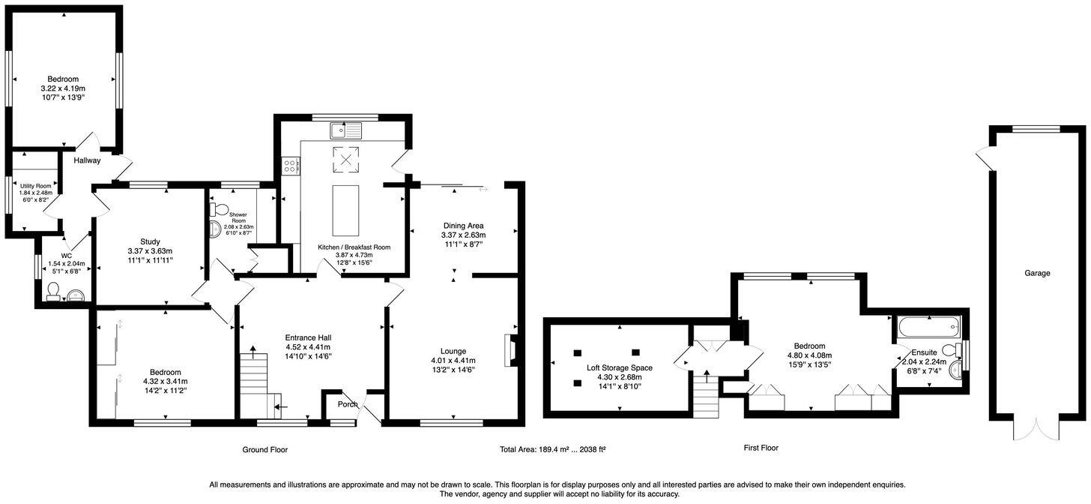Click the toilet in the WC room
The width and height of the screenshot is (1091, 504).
coord(53,292)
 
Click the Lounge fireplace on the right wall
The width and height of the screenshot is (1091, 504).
coord(511,350)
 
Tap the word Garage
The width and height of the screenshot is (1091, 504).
coord(1037,274)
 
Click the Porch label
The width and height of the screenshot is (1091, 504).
coord(348,405)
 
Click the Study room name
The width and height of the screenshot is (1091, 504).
coord(150,241)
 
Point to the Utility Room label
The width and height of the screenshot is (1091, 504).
coord(35,186)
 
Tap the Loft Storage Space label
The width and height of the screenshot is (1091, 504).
coord(619,367)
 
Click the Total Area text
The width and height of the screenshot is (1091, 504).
coord(552,450)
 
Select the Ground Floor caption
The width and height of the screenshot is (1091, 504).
coord(265,450)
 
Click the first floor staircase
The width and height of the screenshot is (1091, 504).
coord(706,389)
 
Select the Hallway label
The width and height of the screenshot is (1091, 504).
coord(87,160)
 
